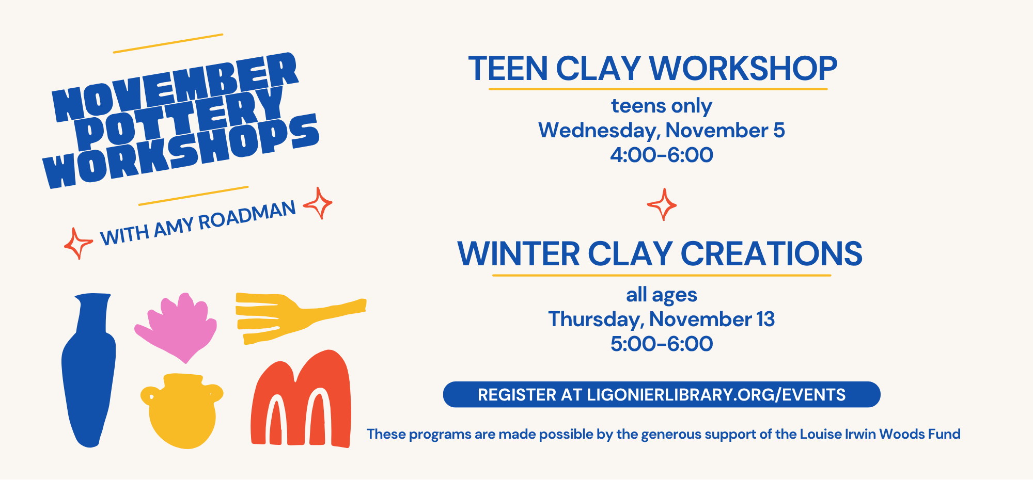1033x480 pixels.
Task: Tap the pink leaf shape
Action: coord(177,328)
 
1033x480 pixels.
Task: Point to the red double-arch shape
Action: coord(301,398)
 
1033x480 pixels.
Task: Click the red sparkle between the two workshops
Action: coord(662,204)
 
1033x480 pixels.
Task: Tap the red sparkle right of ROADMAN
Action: coord(318,203)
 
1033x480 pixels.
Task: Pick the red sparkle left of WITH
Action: coord(78,244)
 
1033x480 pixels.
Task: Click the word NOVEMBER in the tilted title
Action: coord(176,88)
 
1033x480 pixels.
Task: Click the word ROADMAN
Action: coord(247,215)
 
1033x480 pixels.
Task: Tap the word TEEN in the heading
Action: coord(508,69)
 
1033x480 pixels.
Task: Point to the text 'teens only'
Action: coord(662,106)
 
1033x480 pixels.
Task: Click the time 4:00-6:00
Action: coord(662,155)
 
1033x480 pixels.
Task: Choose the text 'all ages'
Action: coord(662,295)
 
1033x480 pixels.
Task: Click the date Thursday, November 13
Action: coord(662,319)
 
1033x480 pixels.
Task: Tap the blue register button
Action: coord(662,395)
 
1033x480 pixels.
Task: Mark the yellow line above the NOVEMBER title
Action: coord(168,43)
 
